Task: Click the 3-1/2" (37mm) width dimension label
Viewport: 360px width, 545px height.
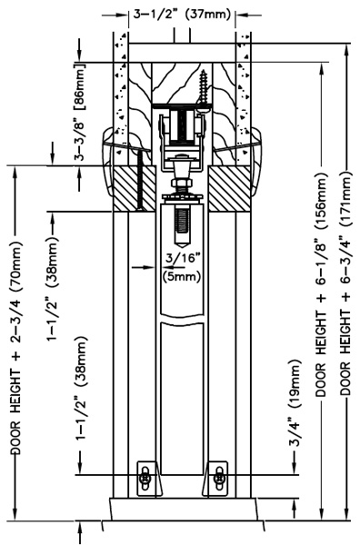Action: pyautogui.click(x=182, y=15)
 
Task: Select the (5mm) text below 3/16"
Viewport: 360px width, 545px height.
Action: pyautogui.click(x=182, y=277)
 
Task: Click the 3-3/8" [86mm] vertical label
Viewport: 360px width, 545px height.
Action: pyautogui.click(x=80, y=112)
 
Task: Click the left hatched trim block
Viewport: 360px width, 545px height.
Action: pyautogui.click(x=135, y=188)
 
